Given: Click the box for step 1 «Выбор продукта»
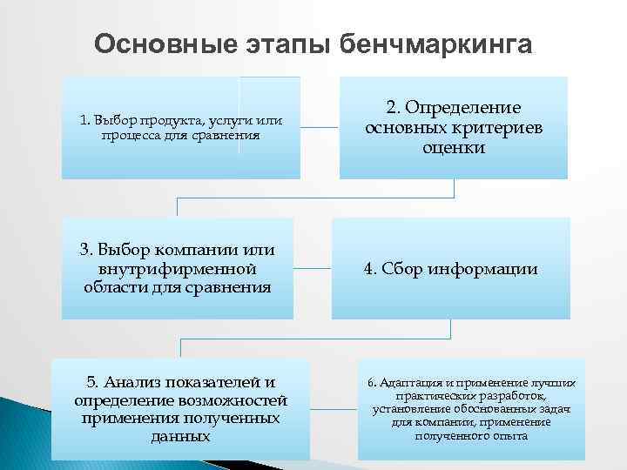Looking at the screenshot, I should pos(180,127).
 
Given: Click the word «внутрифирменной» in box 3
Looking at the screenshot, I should pos(178,268).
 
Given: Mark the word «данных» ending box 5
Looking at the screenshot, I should pos(180,436).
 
